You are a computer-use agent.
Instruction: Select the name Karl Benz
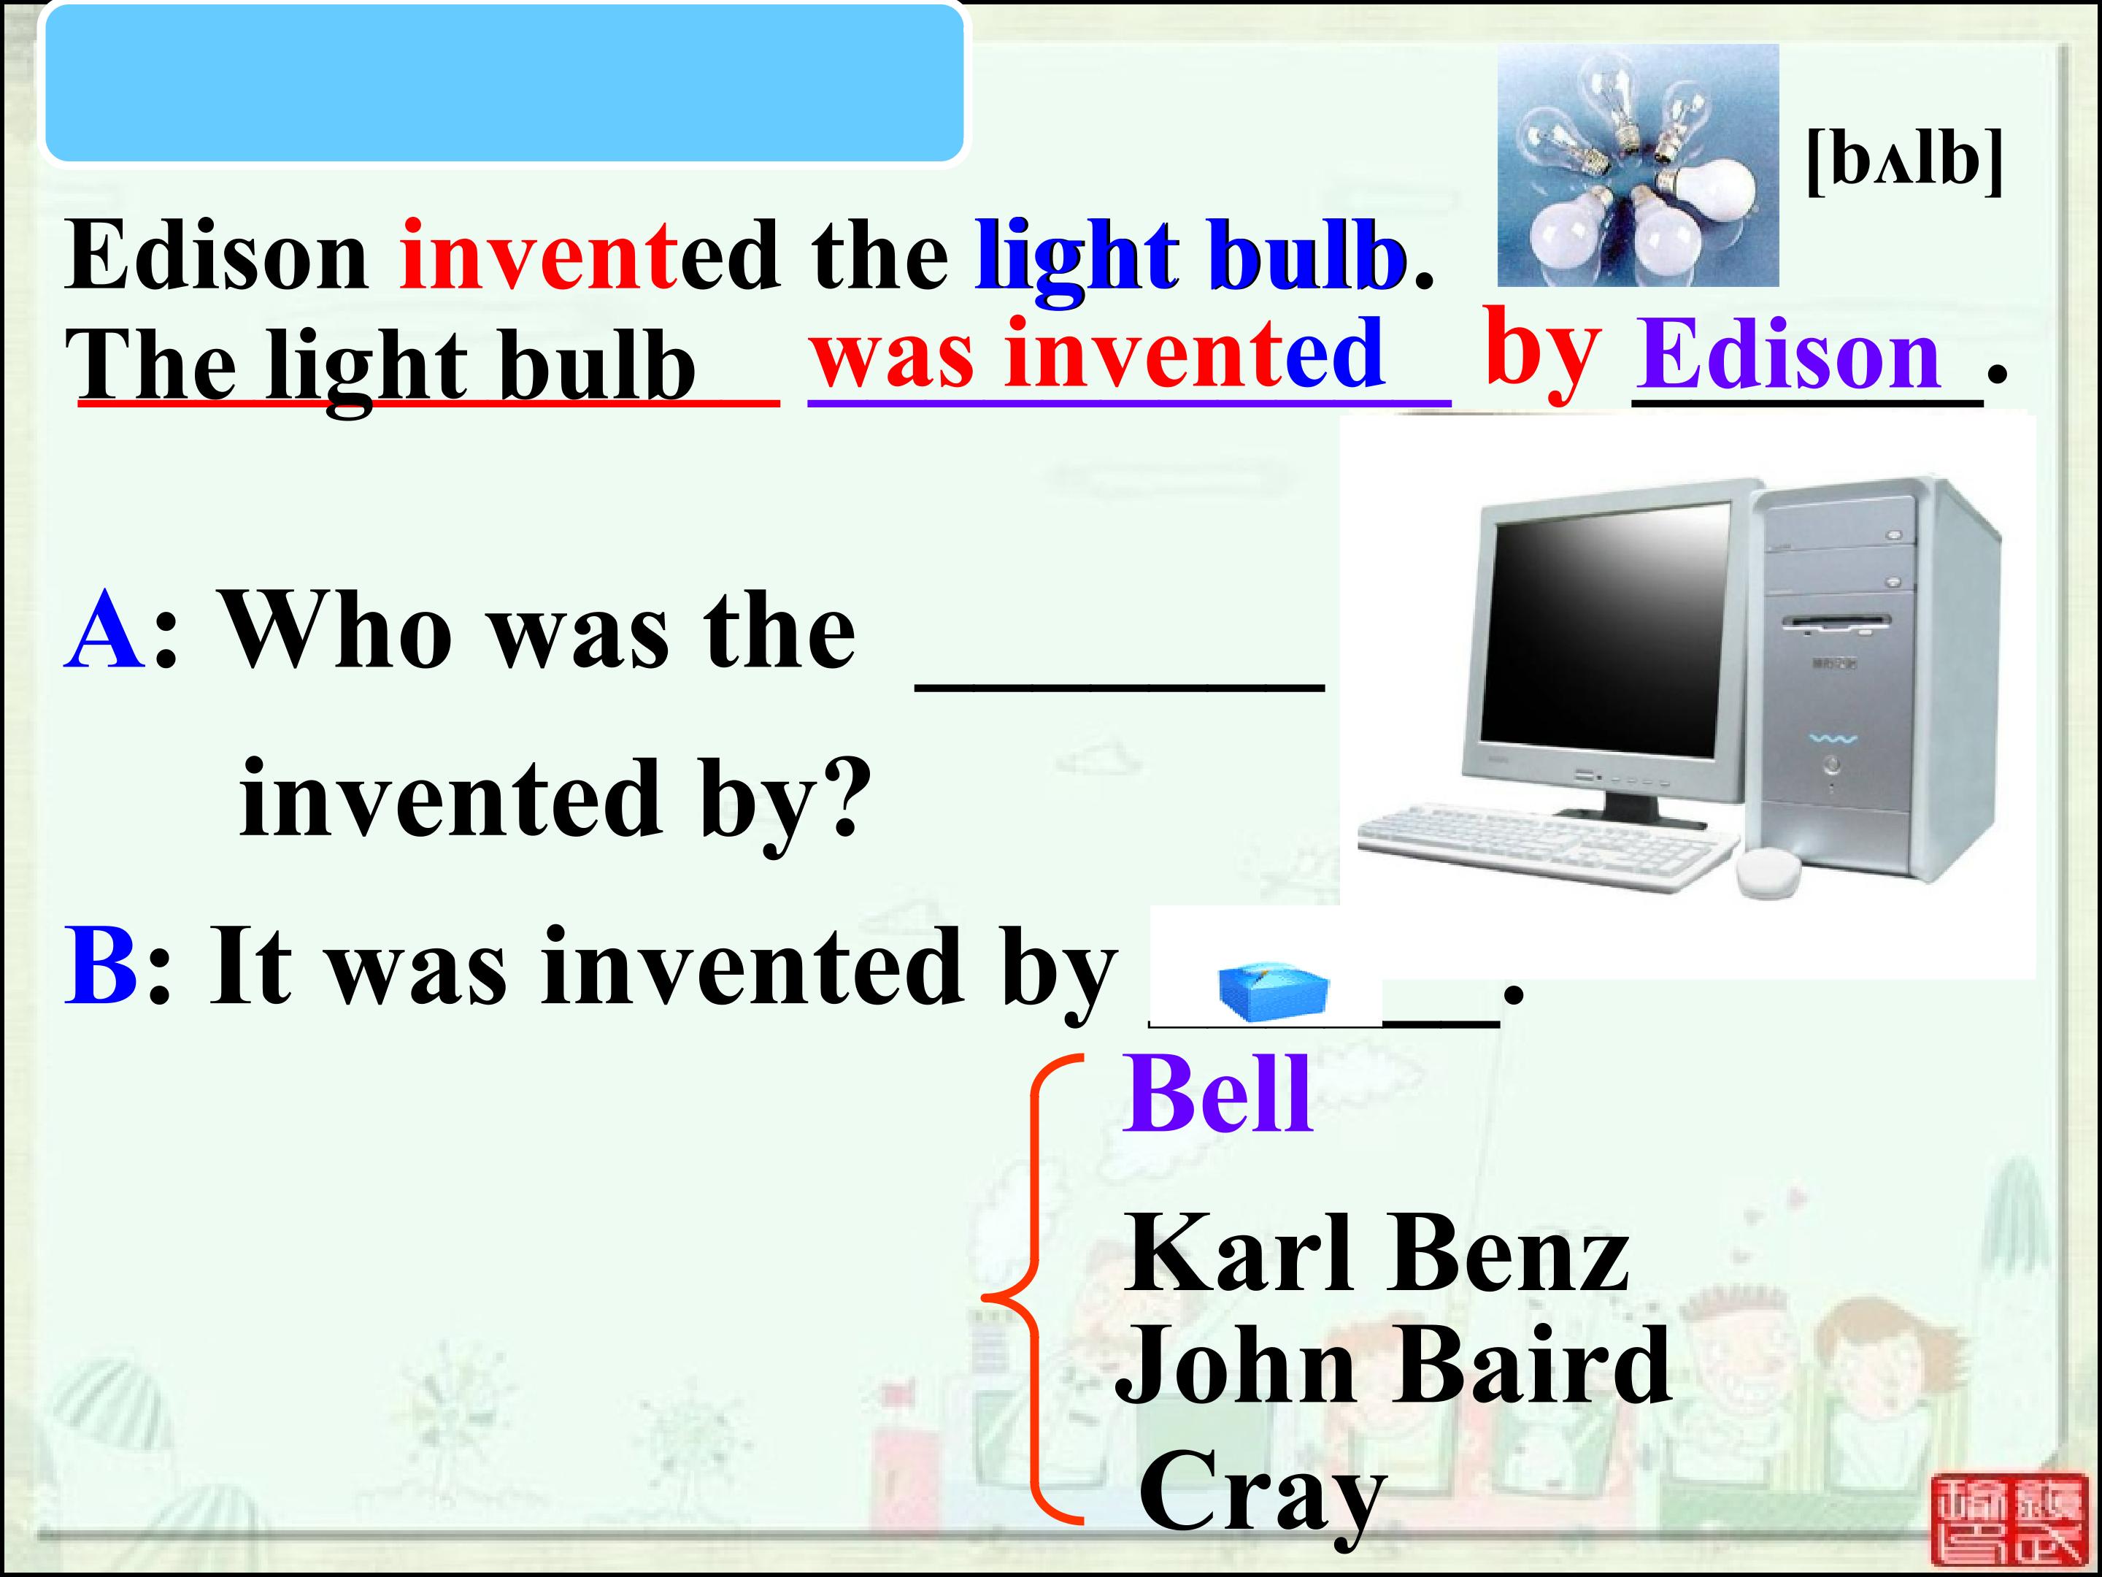(1377, 1254)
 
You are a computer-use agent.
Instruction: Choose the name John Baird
(1393, 1364)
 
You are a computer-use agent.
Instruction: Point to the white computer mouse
(1768, 872)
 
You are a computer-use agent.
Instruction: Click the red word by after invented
(1543, 352)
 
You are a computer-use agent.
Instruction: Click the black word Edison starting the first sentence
(217, 254)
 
